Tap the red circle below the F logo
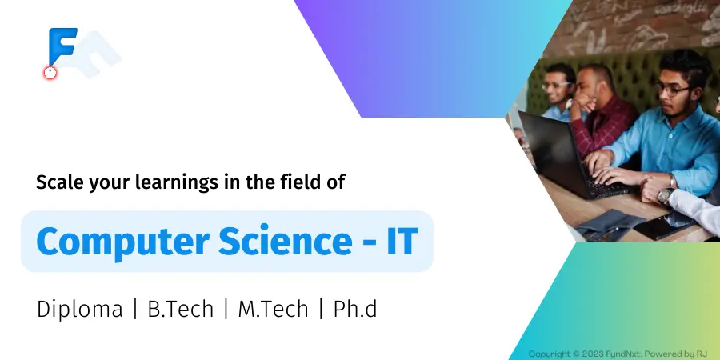50,73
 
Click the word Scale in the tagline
58,182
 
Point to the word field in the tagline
299,182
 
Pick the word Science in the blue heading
285,241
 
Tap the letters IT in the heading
402,241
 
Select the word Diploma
80,310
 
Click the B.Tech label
181,309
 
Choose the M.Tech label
273,309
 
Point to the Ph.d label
355,309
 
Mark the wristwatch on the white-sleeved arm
666,196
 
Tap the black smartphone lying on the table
662,227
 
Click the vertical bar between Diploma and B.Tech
135,309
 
